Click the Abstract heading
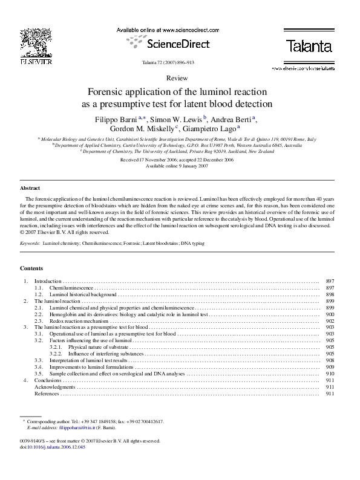[30, 188]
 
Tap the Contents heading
[31, 268]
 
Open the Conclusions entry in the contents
[48, 380]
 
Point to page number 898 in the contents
[330, 295]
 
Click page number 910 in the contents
[330, 374]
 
